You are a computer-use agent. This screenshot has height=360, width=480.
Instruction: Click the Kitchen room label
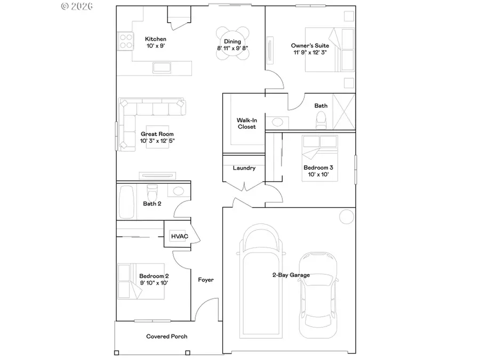coord(156,39)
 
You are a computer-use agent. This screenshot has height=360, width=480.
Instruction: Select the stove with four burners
coord(126,41)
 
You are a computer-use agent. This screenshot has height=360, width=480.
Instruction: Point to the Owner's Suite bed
coord(329,50)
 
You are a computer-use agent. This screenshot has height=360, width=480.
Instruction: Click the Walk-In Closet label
coord(246,123)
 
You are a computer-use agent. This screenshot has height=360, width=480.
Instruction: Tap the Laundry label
coord(244,168)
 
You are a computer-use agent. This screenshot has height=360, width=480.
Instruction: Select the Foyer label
coord(206,279)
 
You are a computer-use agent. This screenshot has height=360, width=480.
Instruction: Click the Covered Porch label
coord(167,337)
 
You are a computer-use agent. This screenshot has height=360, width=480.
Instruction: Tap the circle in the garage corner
coord(346,217)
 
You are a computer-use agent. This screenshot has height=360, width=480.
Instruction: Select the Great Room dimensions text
coord(157,141)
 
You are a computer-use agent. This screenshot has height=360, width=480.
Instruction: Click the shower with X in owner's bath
coord(343,111)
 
